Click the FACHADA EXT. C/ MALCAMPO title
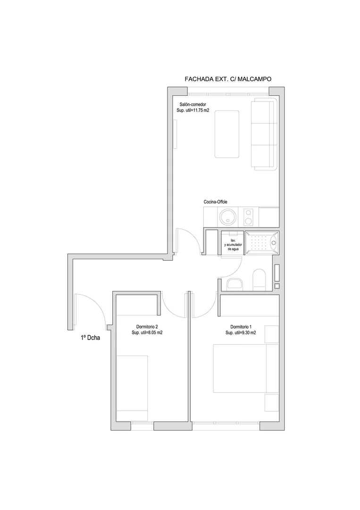pyautogui.click(x=228, y=79)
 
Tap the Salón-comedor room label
pyautogui.click(x=193, y=104)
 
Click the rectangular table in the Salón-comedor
pyautogui.click(x=227, y=134)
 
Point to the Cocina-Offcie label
pyautogui.click(x=216, y=202)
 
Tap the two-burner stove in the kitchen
pyautogui.click(x=249, y=217)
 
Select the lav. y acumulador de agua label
pyautogui.click(x=233, y=245)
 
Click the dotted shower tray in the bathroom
pyautogui.click(x=261, y=242)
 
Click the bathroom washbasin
pyautogui.click(x=234, y=284)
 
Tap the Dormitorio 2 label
pyautogui.click(x=147, y=327)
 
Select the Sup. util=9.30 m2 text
pyautogui.click(x=241, y=333)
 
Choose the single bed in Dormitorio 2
pyautogui.click(x=132, y=388)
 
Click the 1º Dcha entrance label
pyautogui.click(x=90, y=338)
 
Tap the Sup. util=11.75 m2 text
pyautogui.click(x=193, y=110)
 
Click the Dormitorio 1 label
pyautogui.click(x=241, y=327)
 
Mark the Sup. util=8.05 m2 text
pyautogui.click(x=147, y=333)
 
